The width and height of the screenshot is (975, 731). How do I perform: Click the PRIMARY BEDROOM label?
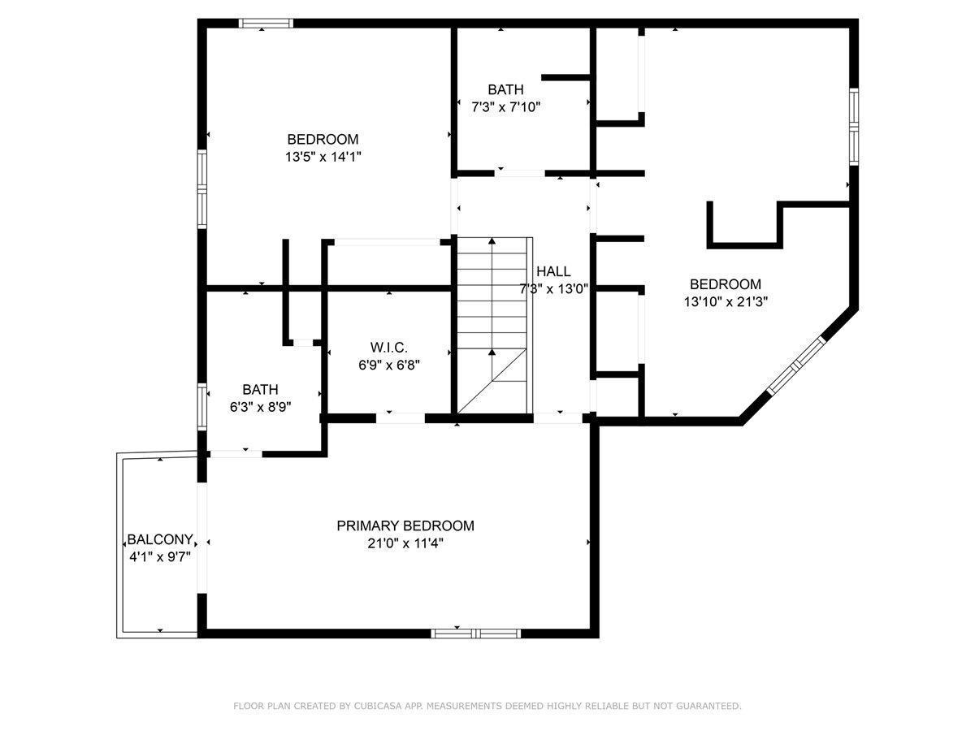[x=405, y=526]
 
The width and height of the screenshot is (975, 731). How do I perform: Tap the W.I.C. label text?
[x=389, y=347]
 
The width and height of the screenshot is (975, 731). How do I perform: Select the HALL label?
[x=553, y=271]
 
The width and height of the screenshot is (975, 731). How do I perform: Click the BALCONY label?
[x=160, y=539]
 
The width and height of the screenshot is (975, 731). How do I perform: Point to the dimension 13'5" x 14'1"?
[x=323, y=157]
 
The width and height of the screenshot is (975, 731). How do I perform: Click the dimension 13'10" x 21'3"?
[x=726, y=302]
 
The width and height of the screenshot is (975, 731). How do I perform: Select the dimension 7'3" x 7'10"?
[x=506, y=107]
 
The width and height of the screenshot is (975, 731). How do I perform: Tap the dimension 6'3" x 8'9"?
[x=260, y=407]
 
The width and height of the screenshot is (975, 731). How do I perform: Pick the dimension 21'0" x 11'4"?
[x=405, y=543]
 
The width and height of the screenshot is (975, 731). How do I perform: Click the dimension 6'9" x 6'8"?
[x=389, y=365]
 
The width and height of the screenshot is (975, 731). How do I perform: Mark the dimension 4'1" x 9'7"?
[x=160, y=556]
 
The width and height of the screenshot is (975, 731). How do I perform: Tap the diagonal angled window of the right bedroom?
[x=796, y=365]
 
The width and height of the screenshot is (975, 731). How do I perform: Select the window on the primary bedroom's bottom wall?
[x=475, y=634]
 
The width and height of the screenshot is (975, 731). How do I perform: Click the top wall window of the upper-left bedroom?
[x=266, y=24]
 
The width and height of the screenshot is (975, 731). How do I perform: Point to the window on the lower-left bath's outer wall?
[x=202, y=407]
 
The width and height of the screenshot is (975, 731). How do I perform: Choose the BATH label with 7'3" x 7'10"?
[x=505, y=89]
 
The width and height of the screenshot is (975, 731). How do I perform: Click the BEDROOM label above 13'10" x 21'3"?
[x=726, y=284]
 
